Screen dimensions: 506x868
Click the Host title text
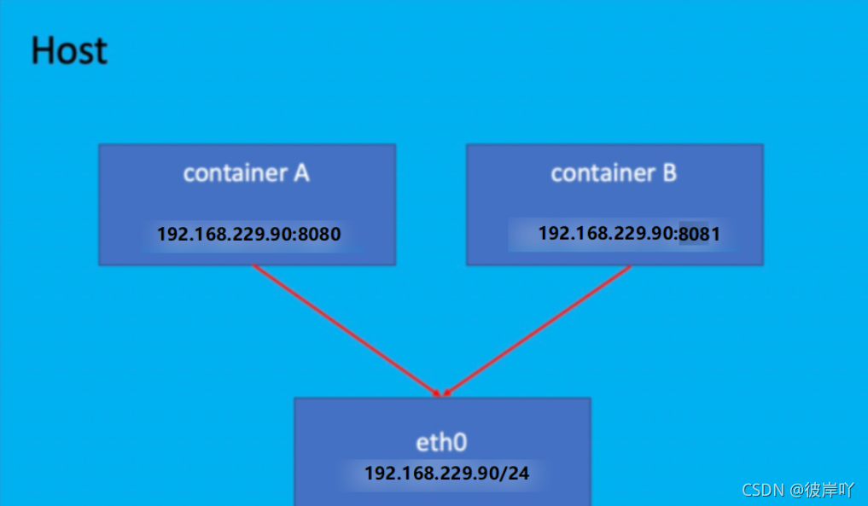pyautogui.click(x=69, y=51)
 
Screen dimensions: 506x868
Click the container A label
pyautogui.click(x=246, y=173)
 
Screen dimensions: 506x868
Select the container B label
pyautogui.click(x=614, y=173)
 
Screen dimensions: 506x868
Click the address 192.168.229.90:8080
pyautogui.click(x=248, y=234)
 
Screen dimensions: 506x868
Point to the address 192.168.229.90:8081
pyautogui.click(x=629, y=233)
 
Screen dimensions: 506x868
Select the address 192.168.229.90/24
pyautogui.click(x=446, y=473)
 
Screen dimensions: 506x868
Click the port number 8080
pyautogui.click(x=318, y=234)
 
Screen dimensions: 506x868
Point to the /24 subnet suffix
pyautogui.click(x=516, y=473)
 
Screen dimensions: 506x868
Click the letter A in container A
pyautogui.click(x=301, y=173)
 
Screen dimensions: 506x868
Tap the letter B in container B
pyautogui.click(x=669, y=173)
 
